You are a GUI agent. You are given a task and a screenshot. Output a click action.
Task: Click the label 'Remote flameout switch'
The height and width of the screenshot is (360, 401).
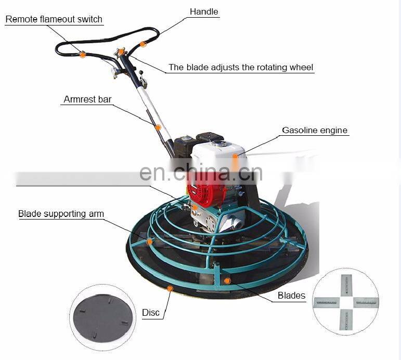54,19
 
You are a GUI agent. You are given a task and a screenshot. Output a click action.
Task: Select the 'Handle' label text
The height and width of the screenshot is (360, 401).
204,11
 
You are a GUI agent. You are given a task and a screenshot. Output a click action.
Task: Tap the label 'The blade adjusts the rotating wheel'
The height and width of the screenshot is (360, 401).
241,67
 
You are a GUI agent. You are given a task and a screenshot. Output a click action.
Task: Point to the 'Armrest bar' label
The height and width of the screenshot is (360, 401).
87,99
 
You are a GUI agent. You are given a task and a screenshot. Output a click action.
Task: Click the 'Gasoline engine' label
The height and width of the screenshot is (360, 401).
315,130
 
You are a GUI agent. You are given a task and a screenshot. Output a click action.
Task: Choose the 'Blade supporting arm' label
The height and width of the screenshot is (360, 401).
61,214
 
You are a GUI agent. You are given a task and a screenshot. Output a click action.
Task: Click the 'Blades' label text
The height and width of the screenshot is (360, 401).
291,295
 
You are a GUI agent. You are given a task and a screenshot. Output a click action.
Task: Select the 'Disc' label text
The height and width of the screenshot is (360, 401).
151,313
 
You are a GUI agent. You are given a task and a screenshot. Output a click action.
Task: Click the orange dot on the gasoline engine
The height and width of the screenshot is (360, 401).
235,155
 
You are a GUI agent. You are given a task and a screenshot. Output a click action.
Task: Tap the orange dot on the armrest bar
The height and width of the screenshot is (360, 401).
158,127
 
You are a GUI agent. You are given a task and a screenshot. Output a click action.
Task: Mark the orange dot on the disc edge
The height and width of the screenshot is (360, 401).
170,287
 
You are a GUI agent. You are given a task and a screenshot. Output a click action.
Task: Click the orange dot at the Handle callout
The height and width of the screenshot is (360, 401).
143,44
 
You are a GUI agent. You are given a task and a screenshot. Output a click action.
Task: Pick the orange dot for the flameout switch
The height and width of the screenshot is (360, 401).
82,54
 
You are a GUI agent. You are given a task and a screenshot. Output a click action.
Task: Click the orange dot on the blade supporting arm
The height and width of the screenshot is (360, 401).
150,241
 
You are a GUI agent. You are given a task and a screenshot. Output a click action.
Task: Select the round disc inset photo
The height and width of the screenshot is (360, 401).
102,317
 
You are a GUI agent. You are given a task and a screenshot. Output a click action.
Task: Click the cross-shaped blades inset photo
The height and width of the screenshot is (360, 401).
345,302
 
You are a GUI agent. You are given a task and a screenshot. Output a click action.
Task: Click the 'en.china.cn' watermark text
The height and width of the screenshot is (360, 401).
201,172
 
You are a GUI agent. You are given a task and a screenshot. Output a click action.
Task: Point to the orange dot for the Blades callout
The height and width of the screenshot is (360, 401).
227,281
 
